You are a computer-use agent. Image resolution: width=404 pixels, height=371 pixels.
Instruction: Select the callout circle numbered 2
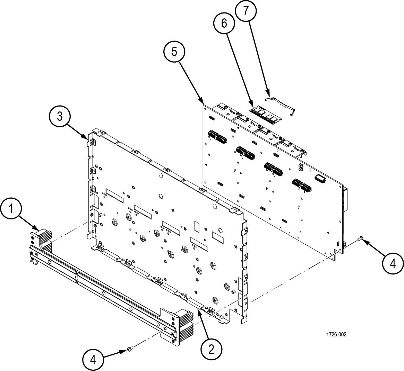pyautogui.click(x=211, y=349)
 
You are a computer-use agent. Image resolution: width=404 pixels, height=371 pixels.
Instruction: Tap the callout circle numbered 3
pyautogui.click(x=60, y=117)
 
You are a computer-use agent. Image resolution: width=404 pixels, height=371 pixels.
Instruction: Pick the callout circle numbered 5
pyautogui.click(x=174, y=52)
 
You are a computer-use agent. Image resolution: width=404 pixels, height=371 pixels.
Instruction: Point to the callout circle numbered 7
pyautogui.click(x=246, y=11)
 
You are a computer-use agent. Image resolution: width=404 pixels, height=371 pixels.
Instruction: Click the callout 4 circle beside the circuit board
pyautogui.click(x=393, y=263)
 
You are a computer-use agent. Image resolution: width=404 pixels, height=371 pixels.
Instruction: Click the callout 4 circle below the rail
pyautogui.click(x=93, y=360)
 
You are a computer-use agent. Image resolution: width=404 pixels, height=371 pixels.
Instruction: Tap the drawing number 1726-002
pyautogui.click(x=336, y=334)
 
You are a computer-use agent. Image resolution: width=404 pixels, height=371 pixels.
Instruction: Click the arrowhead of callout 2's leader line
pyautogui.click(x=198, y=311)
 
